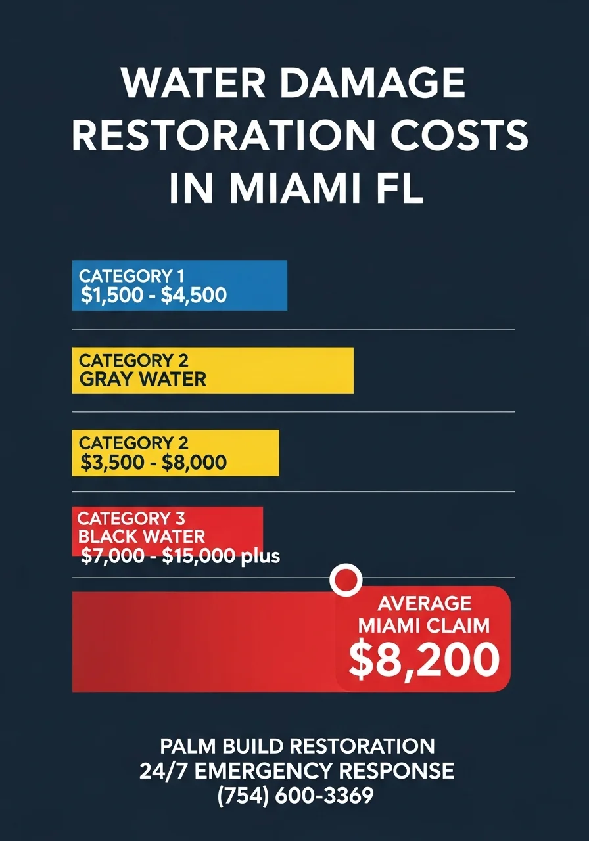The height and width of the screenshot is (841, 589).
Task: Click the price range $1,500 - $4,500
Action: tap(153, 296)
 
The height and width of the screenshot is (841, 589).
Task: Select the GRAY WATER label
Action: tap(143, 380)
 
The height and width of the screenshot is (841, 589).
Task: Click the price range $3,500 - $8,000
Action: tap(153, 462)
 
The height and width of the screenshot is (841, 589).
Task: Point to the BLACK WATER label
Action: tap(141, 537)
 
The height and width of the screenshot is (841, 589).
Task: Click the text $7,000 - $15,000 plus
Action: tap(180, 557)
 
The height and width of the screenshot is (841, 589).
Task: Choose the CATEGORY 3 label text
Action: tap(131, 519)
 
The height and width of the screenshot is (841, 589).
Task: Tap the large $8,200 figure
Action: tap(423, 660)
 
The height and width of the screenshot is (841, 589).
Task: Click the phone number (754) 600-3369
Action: tap(295, 796)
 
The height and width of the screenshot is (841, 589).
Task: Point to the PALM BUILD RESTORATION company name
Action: tap(297, 746)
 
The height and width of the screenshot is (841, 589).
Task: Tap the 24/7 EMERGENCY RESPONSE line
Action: tap(296, 771)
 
